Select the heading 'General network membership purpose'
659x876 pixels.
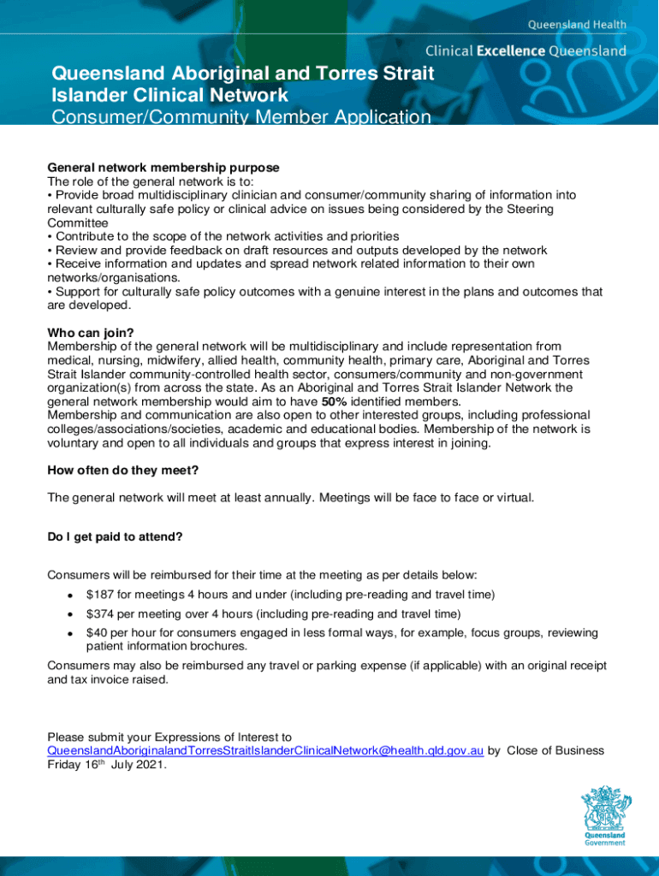(x=163, y=167)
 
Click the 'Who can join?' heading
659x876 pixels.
(x=91, y=332)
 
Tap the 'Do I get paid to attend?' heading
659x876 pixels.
(x=115, y=537)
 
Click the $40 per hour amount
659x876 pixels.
(x=96, y=633)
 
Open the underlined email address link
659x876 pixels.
(x=265, y=751)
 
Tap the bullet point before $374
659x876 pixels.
(x=68, y=614)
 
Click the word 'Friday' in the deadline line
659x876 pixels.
(x=65, y=765)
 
